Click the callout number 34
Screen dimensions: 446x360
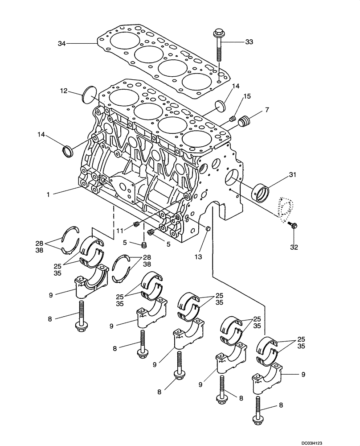62,43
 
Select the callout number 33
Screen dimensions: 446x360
249,42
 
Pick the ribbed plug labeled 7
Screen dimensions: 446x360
245,121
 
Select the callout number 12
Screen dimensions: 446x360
64,91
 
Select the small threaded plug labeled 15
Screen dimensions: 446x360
233,118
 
